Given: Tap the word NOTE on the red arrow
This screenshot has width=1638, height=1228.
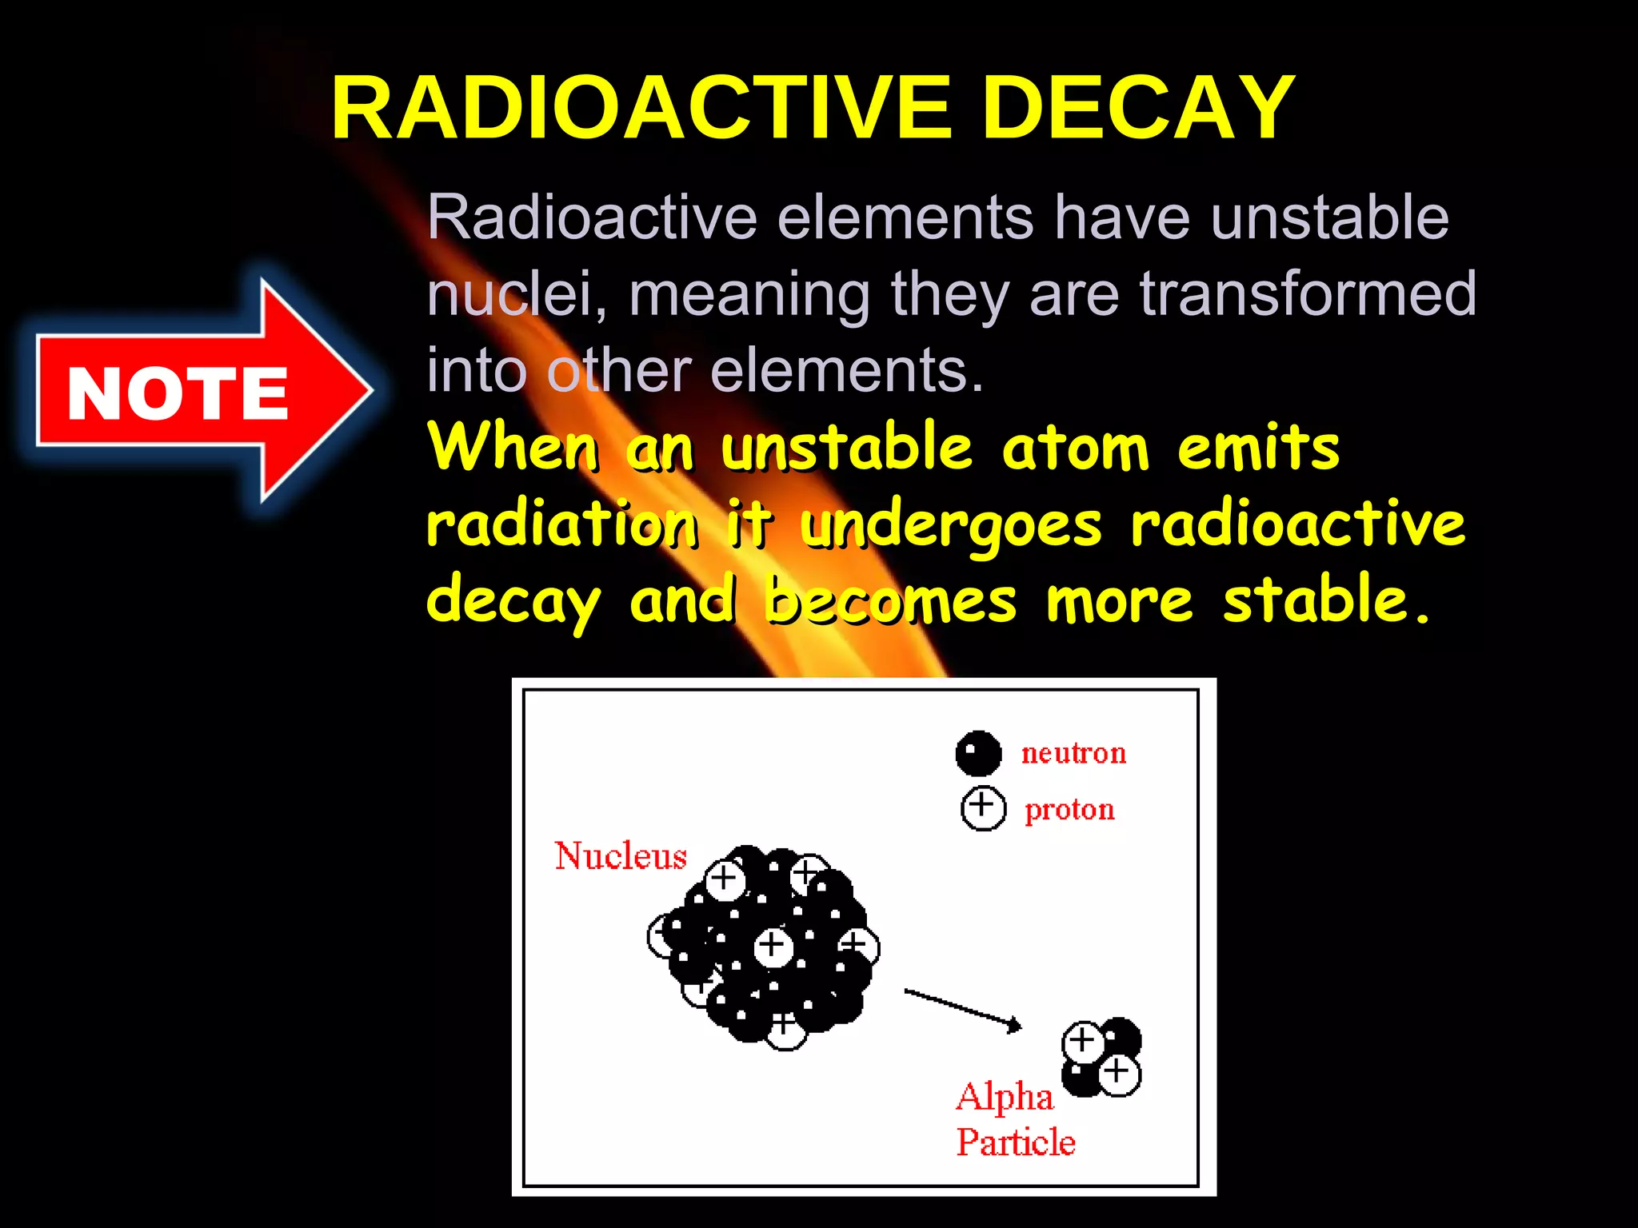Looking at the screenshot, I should pos(177,393).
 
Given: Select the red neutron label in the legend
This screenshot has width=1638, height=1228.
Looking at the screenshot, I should pos(1073,753).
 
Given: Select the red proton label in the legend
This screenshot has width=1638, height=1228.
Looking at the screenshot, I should pos(1069,810).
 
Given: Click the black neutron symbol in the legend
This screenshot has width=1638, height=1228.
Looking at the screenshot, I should pos(978,753).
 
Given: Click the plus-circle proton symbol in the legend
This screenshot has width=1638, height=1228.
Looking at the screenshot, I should pos(983,808).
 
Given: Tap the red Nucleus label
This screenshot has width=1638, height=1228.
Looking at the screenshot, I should pos(621,856).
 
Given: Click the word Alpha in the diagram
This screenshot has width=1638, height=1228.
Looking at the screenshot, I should pos(1005,1097).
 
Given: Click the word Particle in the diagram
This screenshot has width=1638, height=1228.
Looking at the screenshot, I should pos(1016,1142).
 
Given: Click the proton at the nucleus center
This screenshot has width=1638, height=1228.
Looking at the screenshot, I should pos(773,947).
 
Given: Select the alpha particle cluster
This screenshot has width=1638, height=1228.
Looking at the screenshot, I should pos(1102,1057).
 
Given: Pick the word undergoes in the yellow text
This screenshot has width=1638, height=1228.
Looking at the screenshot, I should pos(951,526).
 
